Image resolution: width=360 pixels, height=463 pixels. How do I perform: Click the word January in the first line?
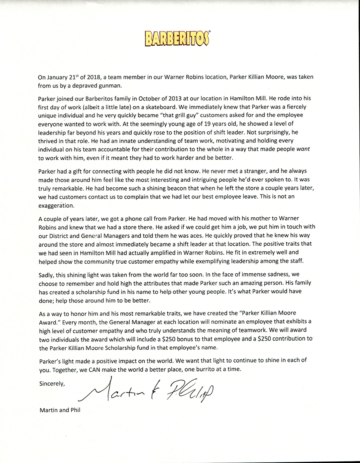(x=60, y=77)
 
